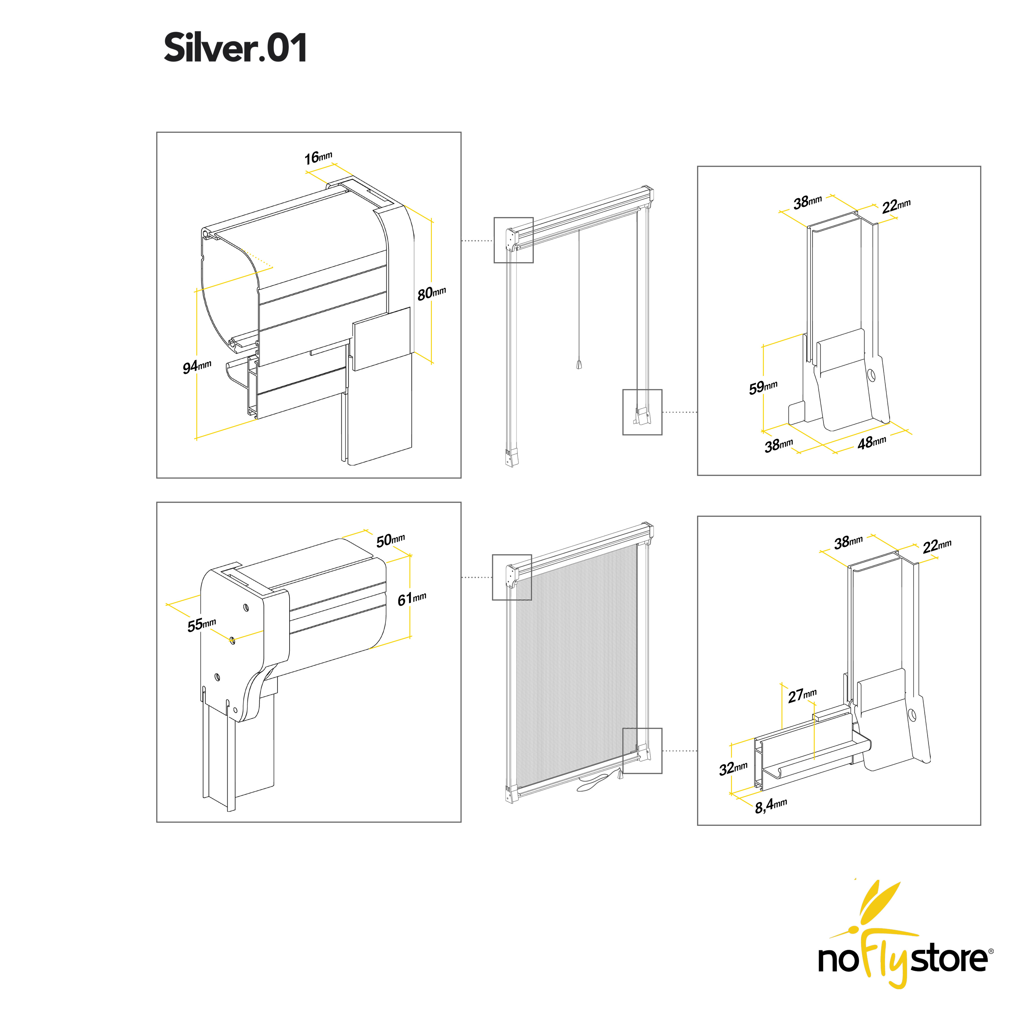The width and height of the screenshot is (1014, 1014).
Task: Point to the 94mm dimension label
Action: [x=197, y=366]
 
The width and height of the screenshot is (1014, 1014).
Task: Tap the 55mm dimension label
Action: [x=202, y=624]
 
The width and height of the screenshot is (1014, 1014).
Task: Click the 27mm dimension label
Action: [x=802, y=695]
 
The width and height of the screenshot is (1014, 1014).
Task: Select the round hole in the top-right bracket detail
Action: [x=871, y=375]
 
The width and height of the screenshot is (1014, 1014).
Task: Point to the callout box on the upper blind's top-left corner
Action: [x=513, y=240]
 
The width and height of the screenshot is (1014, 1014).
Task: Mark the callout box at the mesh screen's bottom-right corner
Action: [x=642, y=751]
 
